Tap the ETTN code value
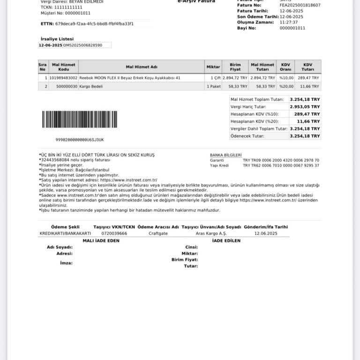pyautogui.click(x=94, y=23)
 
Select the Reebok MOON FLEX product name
pyautogui.click(x=129, y=78)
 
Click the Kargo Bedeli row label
pyautogui.click(x=91, y=87)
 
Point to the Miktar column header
pyautogui.click(x=213, y=67)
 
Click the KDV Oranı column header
pyautogui.click(x=285, y=67)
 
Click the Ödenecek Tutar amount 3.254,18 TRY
pyautogui.click(x=305, y=136)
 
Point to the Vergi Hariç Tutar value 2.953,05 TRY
pyautogui.click(x=305, y=107)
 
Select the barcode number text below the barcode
pyautogui.click(x=80, y=140)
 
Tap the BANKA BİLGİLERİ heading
pyautogui.click(x=225, y=155)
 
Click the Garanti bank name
pyautogui.click(x=217, y=160)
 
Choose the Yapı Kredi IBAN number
pyautogui.click(x=281, y=165)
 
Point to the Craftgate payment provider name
pyautogui.click(x=158, y=233)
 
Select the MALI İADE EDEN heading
pyautogui.click(x=101, y=241)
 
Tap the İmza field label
pyautogui.click(x=66, y=263)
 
